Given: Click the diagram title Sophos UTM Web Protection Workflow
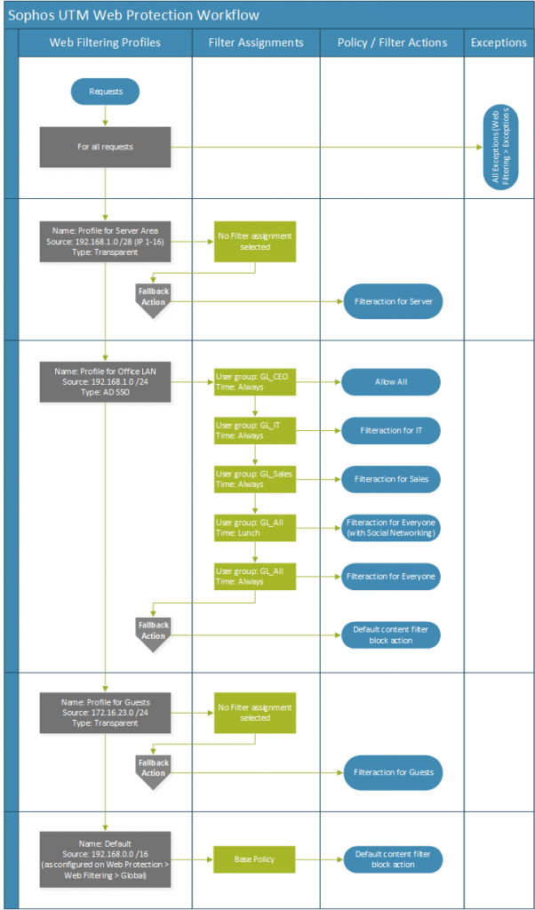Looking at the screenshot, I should coord(133,15).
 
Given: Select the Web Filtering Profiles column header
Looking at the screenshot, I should coord(105,43).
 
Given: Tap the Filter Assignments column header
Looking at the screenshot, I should coord(256,43).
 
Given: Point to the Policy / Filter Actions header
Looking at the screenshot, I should coord(392,43).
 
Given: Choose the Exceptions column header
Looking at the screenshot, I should coord(499,43).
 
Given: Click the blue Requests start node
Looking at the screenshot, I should coord(106,91).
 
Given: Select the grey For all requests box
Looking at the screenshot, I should coord(106,147).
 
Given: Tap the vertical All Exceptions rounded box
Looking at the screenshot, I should coord(499,146).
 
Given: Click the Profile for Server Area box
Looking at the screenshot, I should coord(106,242).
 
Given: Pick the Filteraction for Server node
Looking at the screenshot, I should coord(391,302).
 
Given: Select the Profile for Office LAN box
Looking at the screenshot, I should coord(106,382).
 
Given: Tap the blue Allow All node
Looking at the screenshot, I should coord(391,382).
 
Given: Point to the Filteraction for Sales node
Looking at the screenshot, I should coord(391,479).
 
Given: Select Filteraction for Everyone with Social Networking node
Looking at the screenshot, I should coord(391,528).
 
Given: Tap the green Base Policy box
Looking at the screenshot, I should coord(254,859).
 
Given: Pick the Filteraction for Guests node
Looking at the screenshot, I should coord(391,771).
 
